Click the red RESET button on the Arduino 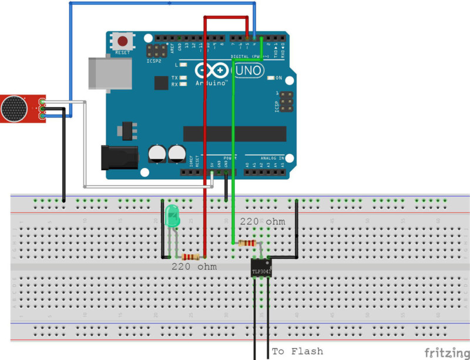tap(122, 42)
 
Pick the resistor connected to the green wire tap(246, 243)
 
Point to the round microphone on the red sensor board tap(14, 110)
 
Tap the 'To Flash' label tap(297, 351)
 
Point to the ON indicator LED tap(271, 78)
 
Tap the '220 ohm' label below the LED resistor tap(194, 267)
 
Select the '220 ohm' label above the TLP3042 tap(262, 222)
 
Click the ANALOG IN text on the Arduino tap(272, 158)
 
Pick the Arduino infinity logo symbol tap(211, 72)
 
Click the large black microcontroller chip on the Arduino tap(234, 134)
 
